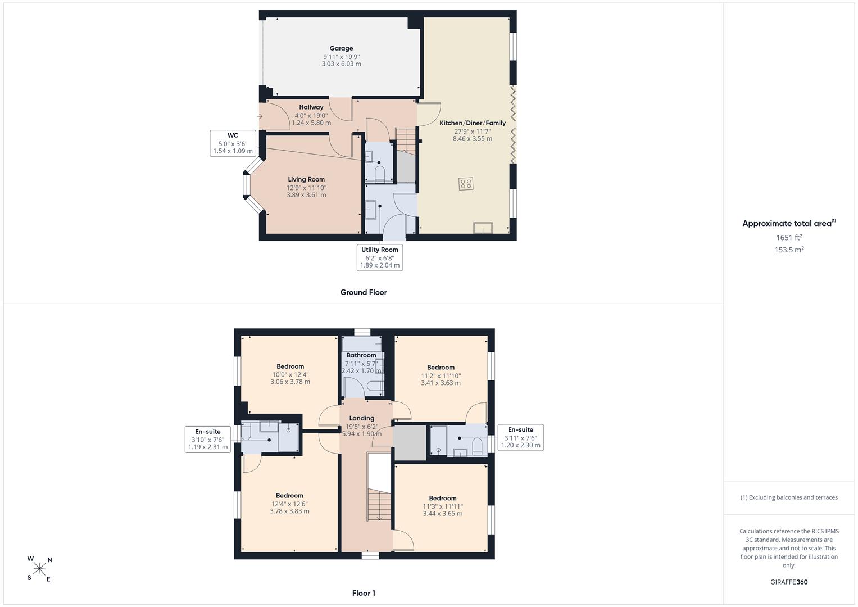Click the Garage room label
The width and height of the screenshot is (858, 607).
click(x=341, y=48)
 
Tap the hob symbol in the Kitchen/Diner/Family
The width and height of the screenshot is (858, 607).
click(x=466, y=184)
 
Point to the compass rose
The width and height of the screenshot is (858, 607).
click(x=39, y=569)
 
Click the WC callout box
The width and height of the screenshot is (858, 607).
click(x=233, y=143)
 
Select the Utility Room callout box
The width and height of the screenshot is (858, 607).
click(x=380, y=257)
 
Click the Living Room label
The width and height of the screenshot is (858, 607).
click(x=306, y=179)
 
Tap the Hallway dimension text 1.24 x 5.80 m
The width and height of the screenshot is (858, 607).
click(x=311, y=123)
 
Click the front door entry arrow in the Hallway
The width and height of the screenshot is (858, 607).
click(x=260, y=116)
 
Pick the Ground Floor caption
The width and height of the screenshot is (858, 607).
click(x=364, y=292)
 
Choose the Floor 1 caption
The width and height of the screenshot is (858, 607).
click(x=364, y=593)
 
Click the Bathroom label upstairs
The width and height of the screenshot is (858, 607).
click(x=361, y=355)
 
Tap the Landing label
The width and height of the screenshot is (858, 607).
click(x=362, y=418)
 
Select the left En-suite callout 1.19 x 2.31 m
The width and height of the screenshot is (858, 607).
click(x=207, y=440)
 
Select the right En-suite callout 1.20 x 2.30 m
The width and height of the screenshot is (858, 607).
click(x=520, y=438)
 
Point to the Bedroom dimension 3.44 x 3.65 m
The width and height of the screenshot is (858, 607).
click(x=443, y=514)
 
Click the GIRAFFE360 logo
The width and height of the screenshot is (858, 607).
click(x=789, y=582)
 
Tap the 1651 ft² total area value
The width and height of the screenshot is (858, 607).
click(x=789, y=238)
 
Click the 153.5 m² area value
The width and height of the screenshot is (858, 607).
click(x=789, y=250)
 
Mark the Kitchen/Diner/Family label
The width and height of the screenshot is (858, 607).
click(x=473, y=123)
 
